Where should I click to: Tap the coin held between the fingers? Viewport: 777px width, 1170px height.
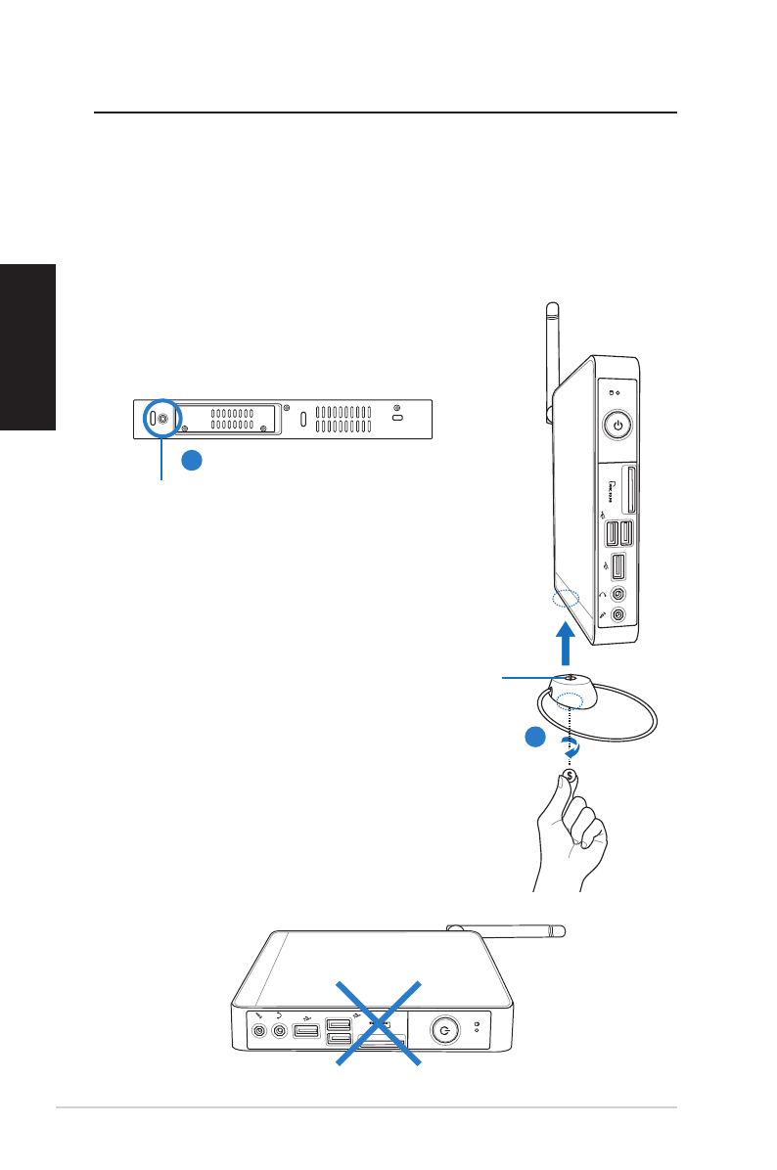(x=570, y=776)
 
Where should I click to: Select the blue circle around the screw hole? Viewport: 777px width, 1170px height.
(x=160, y=418)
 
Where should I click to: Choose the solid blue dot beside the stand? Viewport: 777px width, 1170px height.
(x=532, y=739)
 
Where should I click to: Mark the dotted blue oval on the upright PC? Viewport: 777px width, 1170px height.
(x=567, y=599)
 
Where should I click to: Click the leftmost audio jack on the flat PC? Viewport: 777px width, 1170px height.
(x=259, y=1031)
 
